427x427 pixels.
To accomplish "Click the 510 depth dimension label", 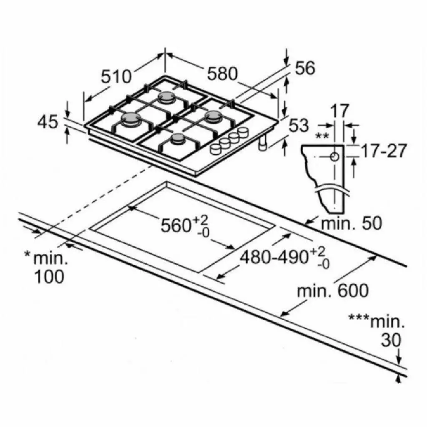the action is [x=116, y=77].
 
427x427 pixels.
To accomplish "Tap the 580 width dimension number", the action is [x=222, y=74].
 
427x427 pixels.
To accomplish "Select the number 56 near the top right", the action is [x=305, y=68].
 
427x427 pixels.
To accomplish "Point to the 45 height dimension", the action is [x=48, y=122].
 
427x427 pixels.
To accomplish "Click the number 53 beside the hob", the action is [x=299, y=126].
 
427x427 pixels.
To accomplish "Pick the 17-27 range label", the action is [x=384, y=151].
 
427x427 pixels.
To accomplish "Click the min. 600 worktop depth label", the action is [x=333, y=291].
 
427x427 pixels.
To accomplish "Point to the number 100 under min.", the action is [x=49, y=277].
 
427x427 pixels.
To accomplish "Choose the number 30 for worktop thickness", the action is [x=391, y=340].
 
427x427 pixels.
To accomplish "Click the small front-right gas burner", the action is [x=178, y=138].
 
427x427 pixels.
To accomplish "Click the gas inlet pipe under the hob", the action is [x=262, y=143].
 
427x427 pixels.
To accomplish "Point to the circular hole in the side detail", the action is [x=334, y=157].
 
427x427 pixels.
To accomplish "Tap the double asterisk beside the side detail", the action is [x=322, y=136].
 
